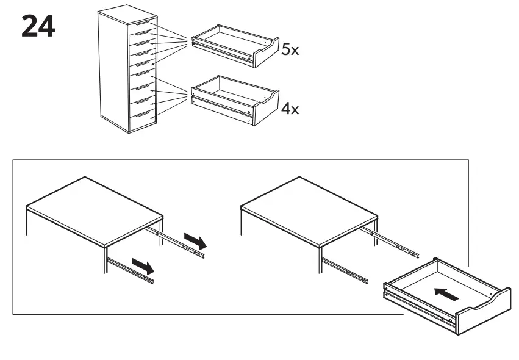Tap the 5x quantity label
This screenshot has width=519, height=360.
pos(290,50)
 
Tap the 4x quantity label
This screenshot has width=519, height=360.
pos(290,110)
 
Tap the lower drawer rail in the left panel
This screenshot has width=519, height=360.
pos(131,270)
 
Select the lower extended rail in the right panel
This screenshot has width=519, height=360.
pos(345,270)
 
